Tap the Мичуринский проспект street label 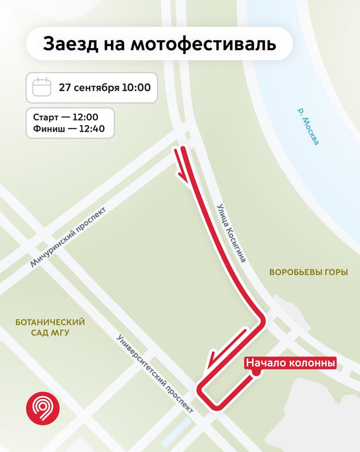pos(69,243)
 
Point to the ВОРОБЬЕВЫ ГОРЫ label pos(309,273)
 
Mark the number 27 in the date pos(65,87)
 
